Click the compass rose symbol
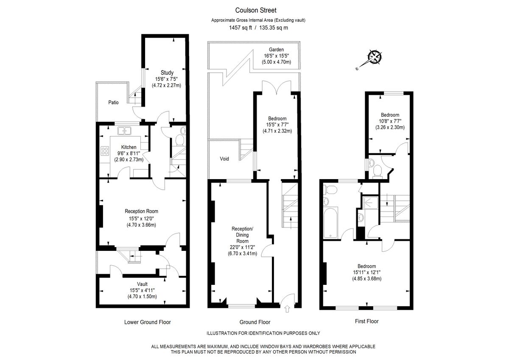point(375,57)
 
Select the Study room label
point(167,73)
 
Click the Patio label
point(113,103)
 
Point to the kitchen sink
point(125,131)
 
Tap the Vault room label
point(142,284)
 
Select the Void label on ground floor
point(224,159)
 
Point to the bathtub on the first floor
point(330,223)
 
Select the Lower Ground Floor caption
point(147,322)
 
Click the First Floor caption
point(366,321)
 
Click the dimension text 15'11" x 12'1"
point(366,273)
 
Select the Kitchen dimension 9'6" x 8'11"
point(126,154)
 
